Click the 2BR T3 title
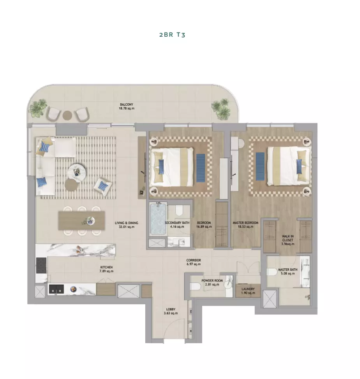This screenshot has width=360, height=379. tap(172, 35)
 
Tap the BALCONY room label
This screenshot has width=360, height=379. tap(127, 104)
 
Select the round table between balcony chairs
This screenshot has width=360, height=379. tap(67, 115)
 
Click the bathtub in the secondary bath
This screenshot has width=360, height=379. tap(158, 219)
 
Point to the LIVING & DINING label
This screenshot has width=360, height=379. tap(127, 223)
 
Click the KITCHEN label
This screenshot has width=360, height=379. tap(106, 267)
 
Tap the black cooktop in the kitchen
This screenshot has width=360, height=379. tap(41, 266)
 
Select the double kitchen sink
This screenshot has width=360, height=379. tap(56, 289)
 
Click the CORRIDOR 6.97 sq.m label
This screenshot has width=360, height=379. tap(194, 262)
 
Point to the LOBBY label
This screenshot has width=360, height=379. tap(171, 309)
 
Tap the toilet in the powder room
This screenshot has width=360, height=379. tap(195, 287)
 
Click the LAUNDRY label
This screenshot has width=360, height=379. tap(248, 289)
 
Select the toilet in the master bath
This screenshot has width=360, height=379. tap(272, 272)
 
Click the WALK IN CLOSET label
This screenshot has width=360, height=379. tap(288, 238)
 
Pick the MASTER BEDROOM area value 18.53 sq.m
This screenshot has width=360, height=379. tap(245, 227)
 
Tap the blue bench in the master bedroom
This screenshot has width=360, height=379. tap(260, 166)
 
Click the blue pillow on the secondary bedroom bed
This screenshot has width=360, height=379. tap(161, 166)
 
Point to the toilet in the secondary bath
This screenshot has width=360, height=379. tap(179, 211)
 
